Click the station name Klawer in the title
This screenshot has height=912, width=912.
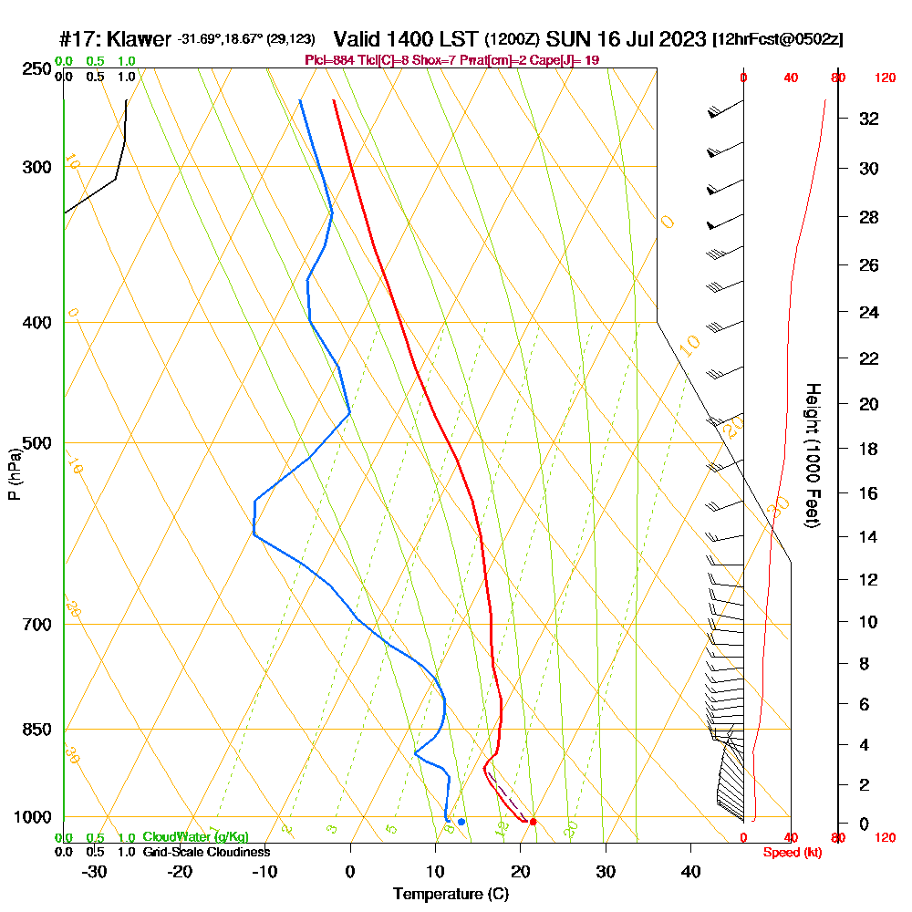[139, 39]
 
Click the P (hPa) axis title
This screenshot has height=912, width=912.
[14, 474]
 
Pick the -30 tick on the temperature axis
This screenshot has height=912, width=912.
[95, 873]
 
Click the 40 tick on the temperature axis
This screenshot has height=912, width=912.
[690, 873]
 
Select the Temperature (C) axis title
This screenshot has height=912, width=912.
[451, 895]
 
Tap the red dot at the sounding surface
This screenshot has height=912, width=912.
[533, 822]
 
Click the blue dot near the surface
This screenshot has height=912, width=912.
[461, 822]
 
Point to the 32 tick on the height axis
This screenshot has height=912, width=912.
[869, 119]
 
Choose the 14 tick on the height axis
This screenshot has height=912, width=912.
[869, 537]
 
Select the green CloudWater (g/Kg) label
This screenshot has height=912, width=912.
[195, 836]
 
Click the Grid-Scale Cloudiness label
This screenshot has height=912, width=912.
[206, 852]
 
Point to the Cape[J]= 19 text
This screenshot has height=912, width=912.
[572, 60]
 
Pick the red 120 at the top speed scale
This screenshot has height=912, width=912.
[884, 78]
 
